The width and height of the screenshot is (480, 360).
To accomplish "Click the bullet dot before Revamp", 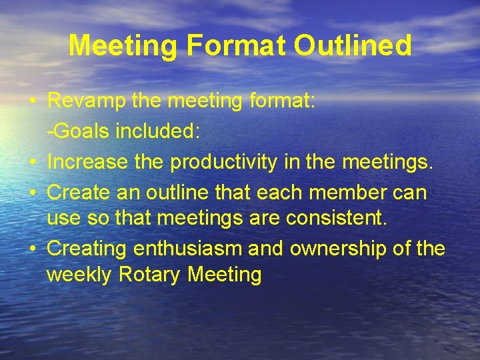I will pos(32,103).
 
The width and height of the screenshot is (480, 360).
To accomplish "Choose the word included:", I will pos(157,131).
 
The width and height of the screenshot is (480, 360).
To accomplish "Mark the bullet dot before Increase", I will pos(32,161).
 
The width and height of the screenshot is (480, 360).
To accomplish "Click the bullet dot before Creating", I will pos(32,249).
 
